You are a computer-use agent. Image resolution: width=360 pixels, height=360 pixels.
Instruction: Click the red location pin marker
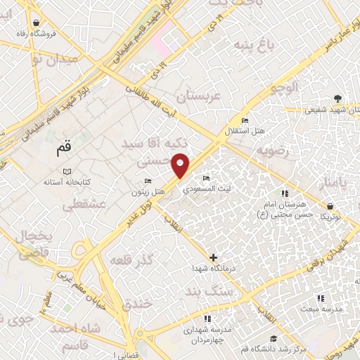pyautogui.click(x=181, y=164)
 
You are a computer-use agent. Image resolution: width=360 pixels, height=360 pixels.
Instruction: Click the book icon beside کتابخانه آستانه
pyautogui.click(x=67, y=172)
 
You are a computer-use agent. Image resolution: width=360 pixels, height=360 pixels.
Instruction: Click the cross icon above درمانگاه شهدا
pyautogui.click(x=214, y=257)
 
